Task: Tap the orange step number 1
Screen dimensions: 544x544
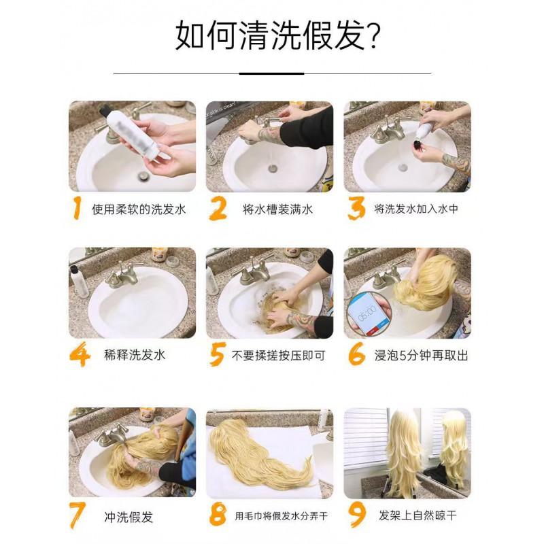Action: [x=80, y=209]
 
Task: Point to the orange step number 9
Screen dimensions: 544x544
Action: [x=357, y=515]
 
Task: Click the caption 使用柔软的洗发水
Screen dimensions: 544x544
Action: [x=139, y=209]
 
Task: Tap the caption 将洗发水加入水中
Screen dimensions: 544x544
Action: [x=416, y=209]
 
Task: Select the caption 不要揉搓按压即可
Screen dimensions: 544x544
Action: [x=279, y=355]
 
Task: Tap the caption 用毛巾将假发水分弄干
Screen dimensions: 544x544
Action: [x=280, y=516]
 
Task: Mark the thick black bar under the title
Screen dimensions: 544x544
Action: [x=273, y=73]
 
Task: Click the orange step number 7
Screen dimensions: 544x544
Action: [x=80, y=515]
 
